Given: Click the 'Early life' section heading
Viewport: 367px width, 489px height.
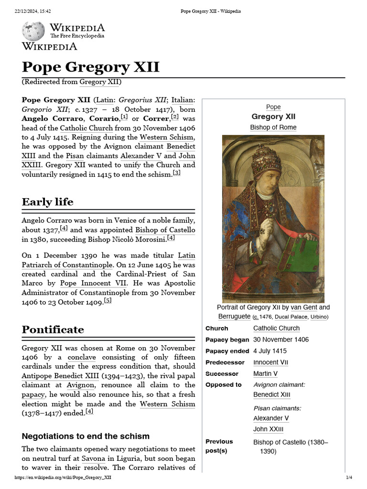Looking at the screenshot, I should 47,202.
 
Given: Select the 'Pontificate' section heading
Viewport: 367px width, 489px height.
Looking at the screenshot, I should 53,330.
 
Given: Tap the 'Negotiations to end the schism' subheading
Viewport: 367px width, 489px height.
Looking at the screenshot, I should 86,436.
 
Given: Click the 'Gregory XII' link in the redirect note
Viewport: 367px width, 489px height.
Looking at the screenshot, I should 99,82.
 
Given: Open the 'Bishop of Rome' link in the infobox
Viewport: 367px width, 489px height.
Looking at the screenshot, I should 273,128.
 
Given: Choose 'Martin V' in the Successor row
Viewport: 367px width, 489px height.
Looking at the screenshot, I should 265,373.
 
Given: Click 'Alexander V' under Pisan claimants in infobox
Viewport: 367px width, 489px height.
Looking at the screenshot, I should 271,418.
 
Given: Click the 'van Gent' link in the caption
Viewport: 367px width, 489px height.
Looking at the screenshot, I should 303,308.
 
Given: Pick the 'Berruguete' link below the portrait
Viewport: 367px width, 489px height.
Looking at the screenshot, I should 234,317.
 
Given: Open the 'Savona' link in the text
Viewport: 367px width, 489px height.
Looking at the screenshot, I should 93,458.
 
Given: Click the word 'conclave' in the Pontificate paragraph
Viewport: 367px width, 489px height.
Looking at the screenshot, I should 82,357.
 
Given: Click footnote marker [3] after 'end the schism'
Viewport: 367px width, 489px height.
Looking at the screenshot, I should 176,173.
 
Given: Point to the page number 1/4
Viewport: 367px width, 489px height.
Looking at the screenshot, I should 349,478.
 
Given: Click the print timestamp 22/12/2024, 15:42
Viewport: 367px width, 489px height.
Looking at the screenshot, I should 33,11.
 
